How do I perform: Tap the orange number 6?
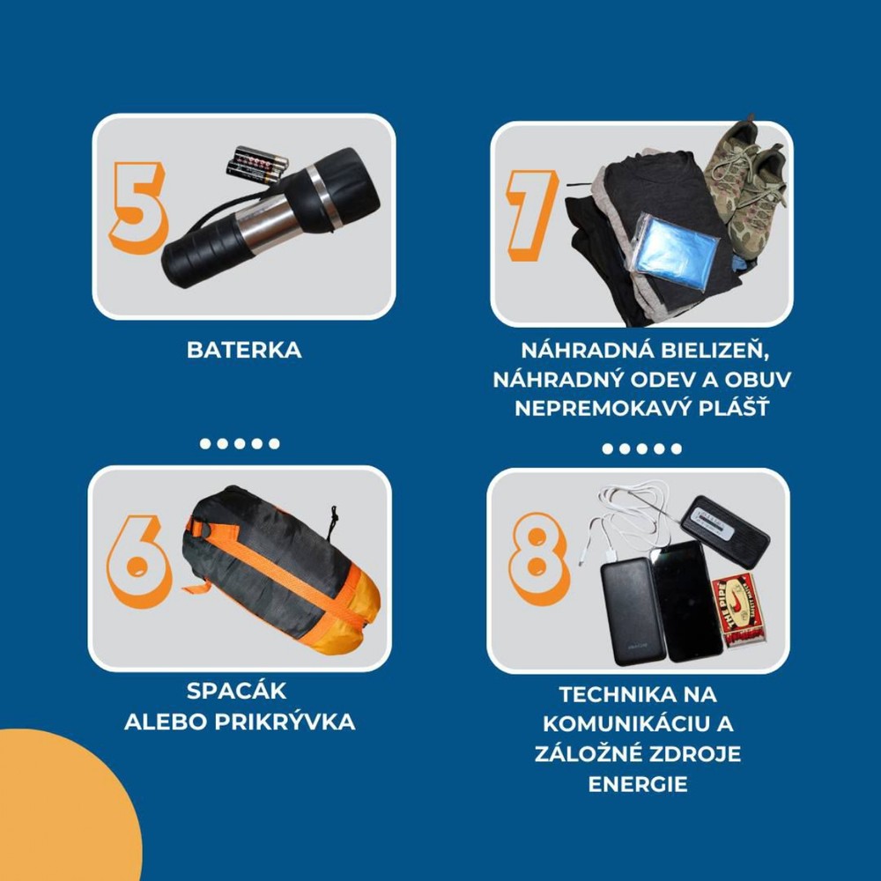coord(139,562)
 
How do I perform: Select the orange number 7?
coord(532,215)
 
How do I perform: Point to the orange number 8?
coord(538,559)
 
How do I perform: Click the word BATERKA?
coord(244,350)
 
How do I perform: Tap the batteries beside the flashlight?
coord(257,165)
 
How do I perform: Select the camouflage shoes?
coord(746,180)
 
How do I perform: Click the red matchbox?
coord(738,611)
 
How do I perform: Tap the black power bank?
coord(633,612)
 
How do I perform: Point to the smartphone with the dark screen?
coord(686,601)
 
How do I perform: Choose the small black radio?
coord(725,531)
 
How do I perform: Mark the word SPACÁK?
coord(236,691)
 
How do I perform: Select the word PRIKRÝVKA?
coord(285,722)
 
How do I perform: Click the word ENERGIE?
coord(638,784)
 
